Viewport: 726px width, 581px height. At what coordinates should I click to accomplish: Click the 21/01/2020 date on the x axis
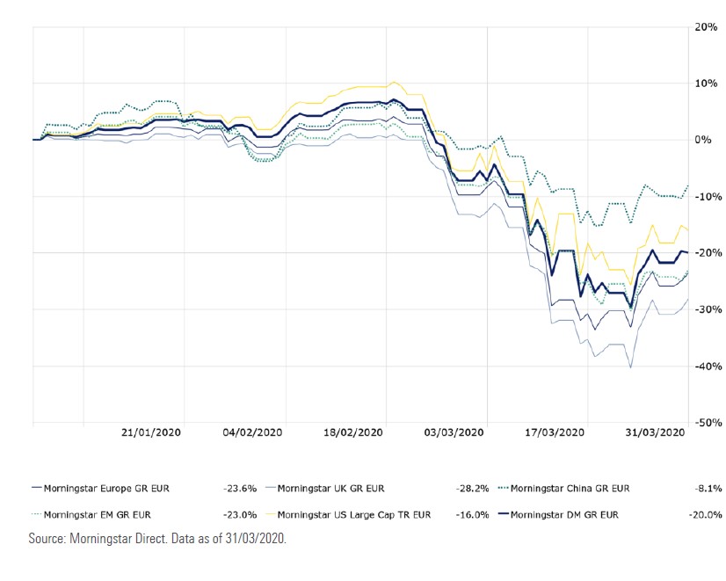point(150,433)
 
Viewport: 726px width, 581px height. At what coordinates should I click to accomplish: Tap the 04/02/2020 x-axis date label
point(252,433)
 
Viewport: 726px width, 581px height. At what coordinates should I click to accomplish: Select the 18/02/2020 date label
point(353,433)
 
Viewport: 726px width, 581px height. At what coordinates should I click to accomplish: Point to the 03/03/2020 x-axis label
point(454,433)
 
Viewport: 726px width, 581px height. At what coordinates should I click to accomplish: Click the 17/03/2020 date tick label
point(555,433)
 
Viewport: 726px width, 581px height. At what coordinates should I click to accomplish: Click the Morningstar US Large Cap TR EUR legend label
point(353,515)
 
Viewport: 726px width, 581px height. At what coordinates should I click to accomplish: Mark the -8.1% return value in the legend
point(708,489)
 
